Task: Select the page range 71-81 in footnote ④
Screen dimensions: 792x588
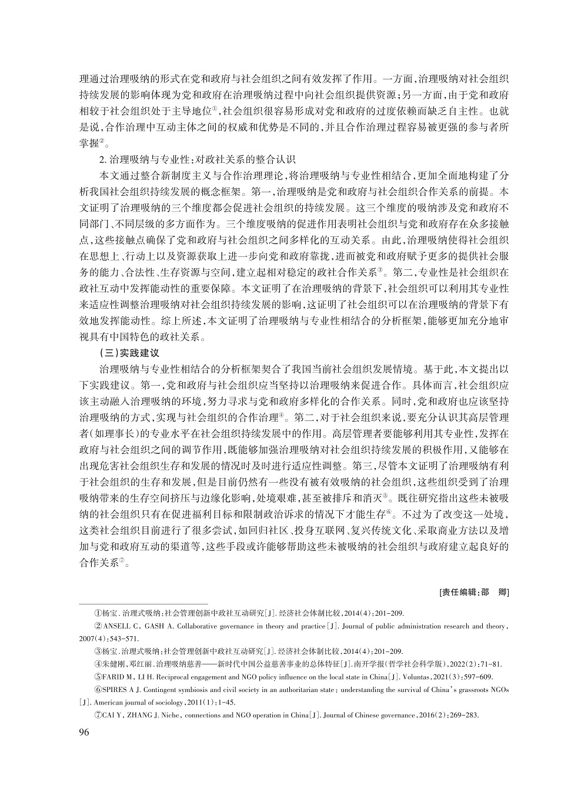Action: coord(489,664)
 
